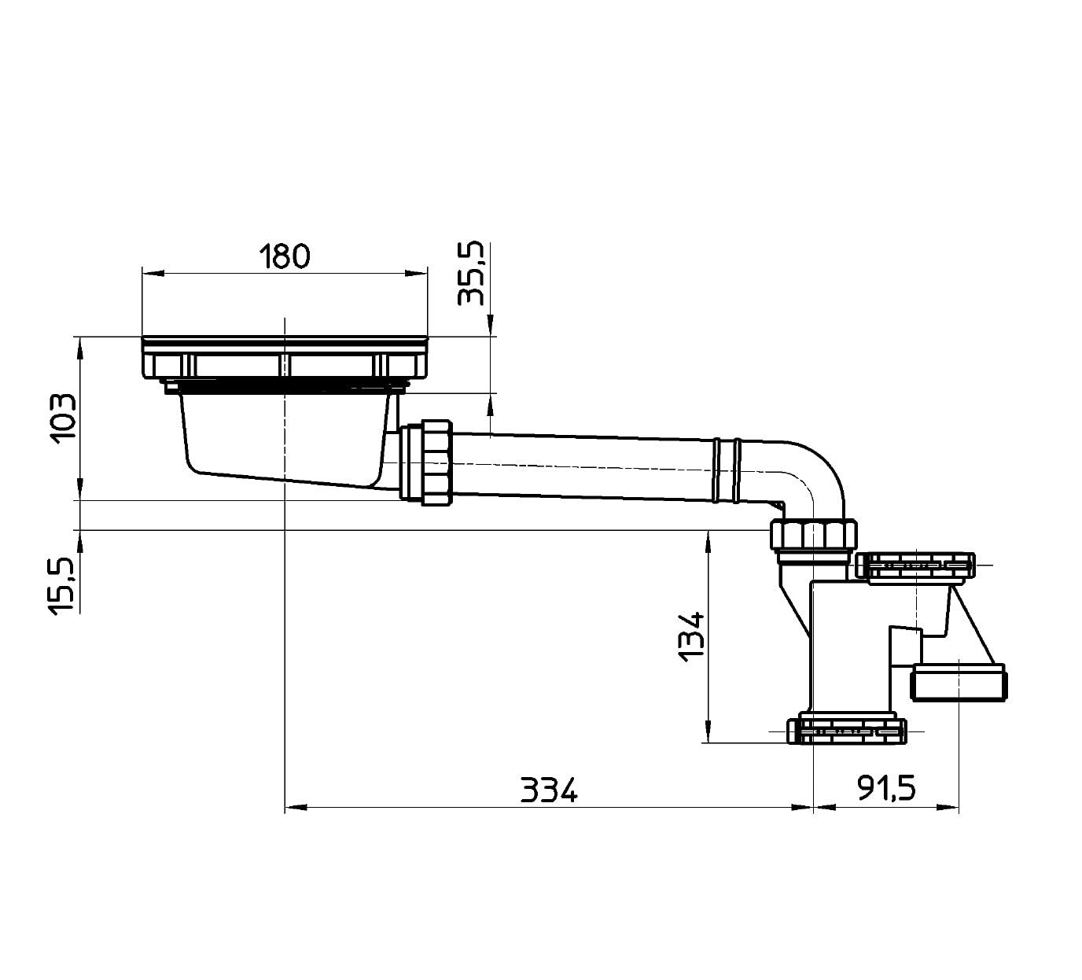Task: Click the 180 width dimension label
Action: pyautogui.click(x=285, y=257)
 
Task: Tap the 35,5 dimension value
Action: pyautogui.click(x=471, y=274)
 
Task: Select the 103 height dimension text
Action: pyautogui.click(x=63, y=418)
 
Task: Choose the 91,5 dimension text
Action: pyautogui.click(x=887, y=789)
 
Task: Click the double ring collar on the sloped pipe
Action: pyautogui.click(x=726, y=471)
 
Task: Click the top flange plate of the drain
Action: pyautogui.click(x=285, y=358)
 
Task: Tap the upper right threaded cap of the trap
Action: pyautogui.click(x=915, y=566)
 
